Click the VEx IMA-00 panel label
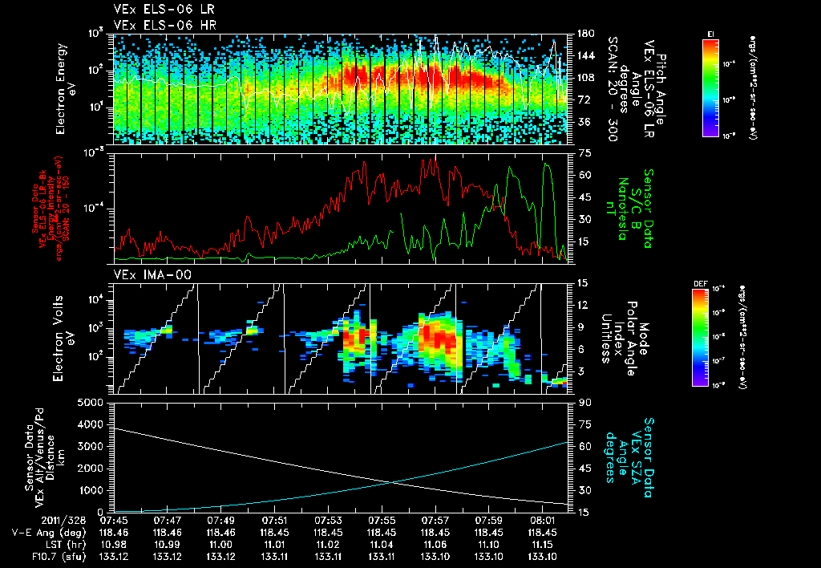[x=145, y=275]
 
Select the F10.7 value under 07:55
[x=382, y=555]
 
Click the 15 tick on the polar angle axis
[x=584, y=282]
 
